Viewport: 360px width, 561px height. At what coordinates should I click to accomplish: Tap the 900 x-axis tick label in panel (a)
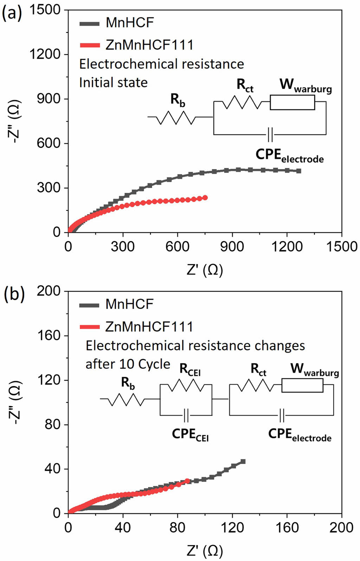232,247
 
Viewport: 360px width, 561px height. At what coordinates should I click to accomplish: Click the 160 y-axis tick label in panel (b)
49,336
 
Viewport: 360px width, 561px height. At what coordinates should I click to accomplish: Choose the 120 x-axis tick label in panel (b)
232,528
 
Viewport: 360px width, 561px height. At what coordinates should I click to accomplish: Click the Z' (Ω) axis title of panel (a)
205,270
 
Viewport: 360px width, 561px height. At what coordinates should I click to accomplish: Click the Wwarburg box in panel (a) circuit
292,102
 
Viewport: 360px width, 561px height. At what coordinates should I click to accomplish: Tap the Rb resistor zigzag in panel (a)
176,117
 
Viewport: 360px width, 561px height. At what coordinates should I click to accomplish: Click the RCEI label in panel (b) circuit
190,369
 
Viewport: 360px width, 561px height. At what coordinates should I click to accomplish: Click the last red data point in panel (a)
205,198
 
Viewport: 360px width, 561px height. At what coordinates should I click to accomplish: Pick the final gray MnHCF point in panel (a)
299,171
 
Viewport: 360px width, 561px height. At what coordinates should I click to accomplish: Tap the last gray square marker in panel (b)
243,462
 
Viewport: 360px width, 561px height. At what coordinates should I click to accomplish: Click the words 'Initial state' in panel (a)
113,83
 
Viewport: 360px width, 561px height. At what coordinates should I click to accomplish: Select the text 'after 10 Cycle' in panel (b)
128,364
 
